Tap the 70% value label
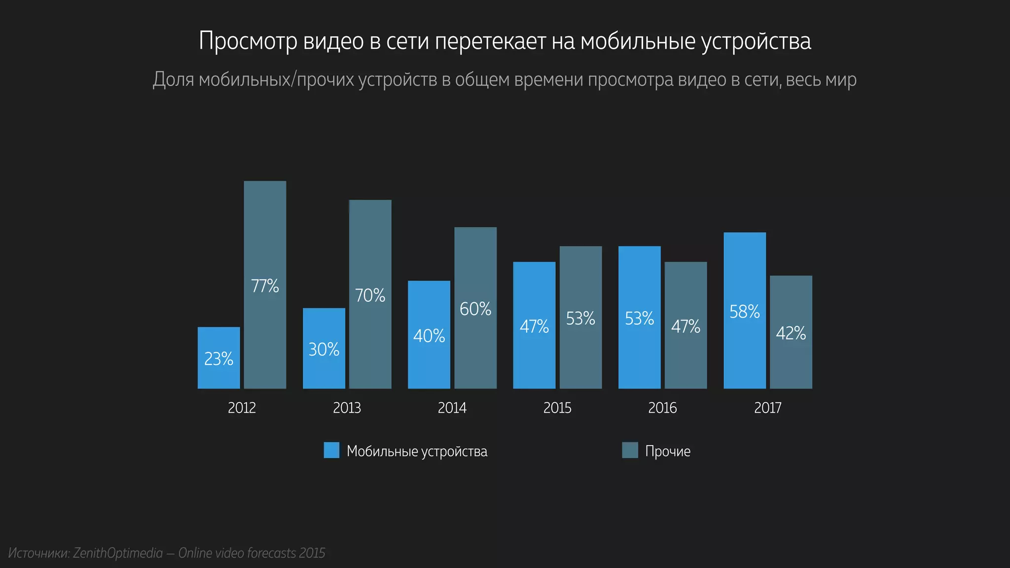tap(370, 295)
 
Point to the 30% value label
tap(324, 350)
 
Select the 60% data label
tap(475, 309)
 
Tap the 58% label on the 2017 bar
tap(744, 312)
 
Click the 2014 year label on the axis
tap(452, 408)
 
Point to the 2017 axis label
tap(767, 408)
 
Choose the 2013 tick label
tap(347, 408)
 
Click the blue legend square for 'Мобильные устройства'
tap(331, 450)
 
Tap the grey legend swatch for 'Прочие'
tap(630, 450)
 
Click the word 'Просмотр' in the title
tap(248, 41)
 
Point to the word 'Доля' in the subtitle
tap(173, 80)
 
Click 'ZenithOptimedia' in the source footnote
tap(118, 553)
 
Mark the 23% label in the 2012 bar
tap(218, 359)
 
